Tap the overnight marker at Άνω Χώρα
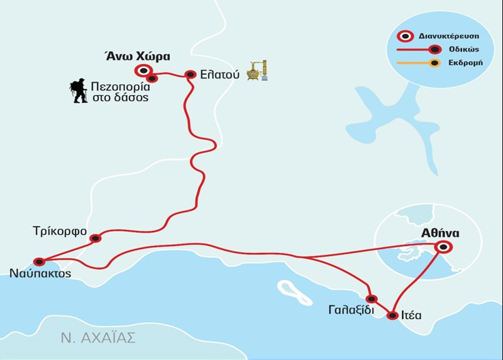click(x=144, y=70)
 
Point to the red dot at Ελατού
click(x=191, y=74)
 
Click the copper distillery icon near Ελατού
click(x=257, y=69)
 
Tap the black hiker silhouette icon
click(x=78, y=91)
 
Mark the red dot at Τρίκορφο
click(x=96, y=238)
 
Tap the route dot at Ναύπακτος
click(x=39, y=261)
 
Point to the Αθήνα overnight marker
click(x=444, y=247)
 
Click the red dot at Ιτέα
click(x=392, y=315)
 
